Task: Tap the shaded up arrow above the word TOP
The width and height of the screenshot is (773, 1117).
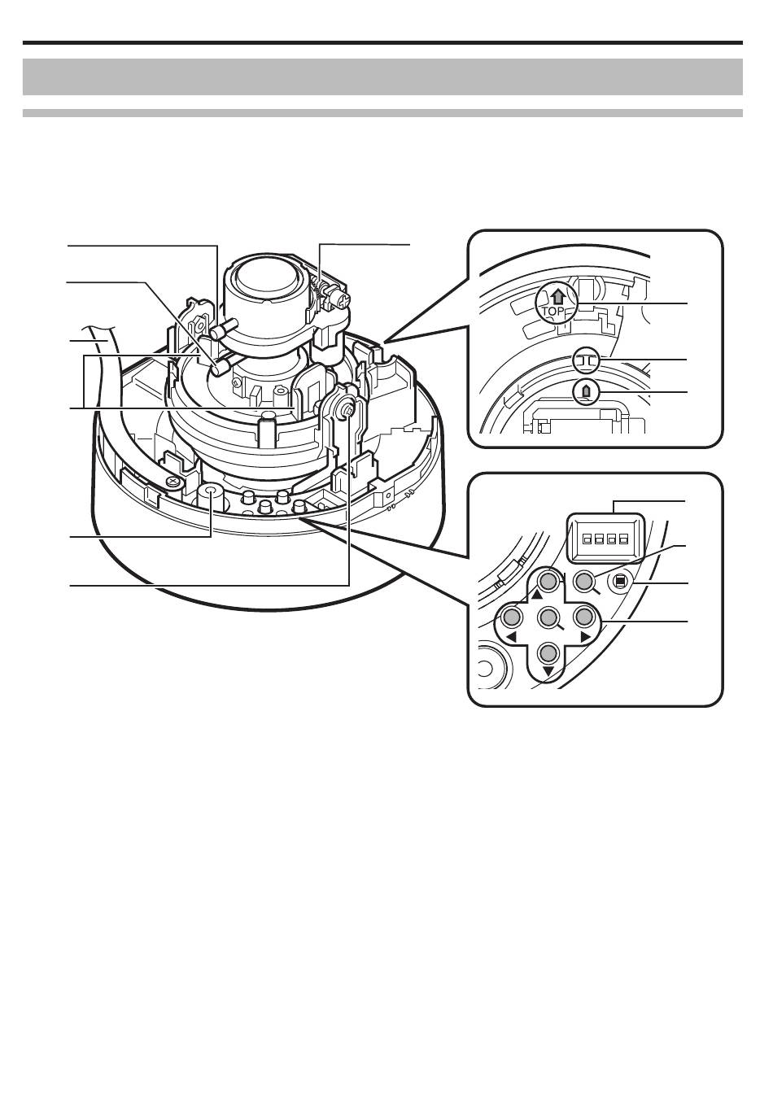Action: tap(557, 298)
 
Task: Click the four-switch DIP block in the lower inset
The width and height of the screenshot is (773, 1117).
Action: tap(605, 538)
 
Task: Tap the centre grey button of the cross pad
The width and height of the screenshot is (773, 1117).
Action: tap(548, 617)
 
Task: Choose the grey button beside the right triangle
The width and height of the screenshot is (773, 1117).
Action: tap(583, 617)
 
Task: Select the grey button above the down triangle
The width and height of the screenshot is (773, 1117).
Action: tap(548, 652)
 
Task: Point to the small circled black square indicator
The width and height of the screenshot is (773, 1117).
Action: tap(620, 581)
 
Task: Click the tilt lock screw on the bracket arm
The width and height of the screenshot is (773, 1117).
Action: tap(347, 409)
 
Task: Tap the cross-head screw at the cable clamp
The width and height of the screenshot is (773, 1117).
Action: tap(173, 481)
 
